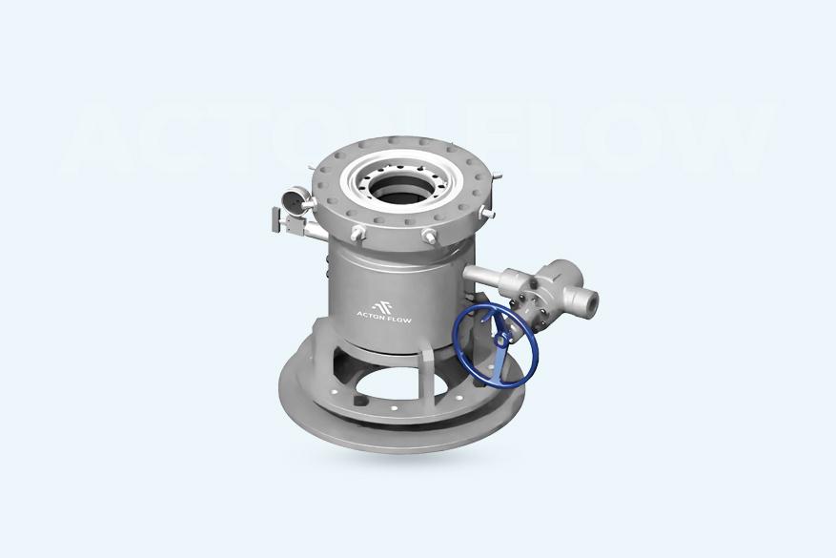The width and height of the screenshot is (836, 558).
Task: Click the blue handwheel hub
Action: pyautogui.click(x=501, y=339)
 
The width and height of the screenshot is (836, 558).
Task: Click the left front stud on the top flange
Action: pyautogui.click(x=357, y=233)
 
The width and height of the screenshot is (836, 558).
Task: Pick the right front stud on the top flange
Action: pyautogui.click(x=429, y=236)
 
